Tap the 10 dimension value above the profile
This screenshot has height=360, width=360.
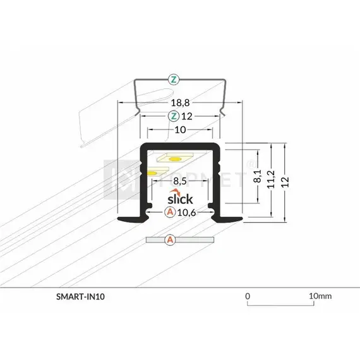coord(179,130)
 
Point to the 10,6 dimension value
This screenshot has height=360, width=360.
coord(187,212)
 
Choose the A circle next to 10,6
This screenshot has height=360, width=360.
coord(169,212)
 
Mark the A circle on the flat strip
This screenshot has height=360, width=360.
coord(169,240)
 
